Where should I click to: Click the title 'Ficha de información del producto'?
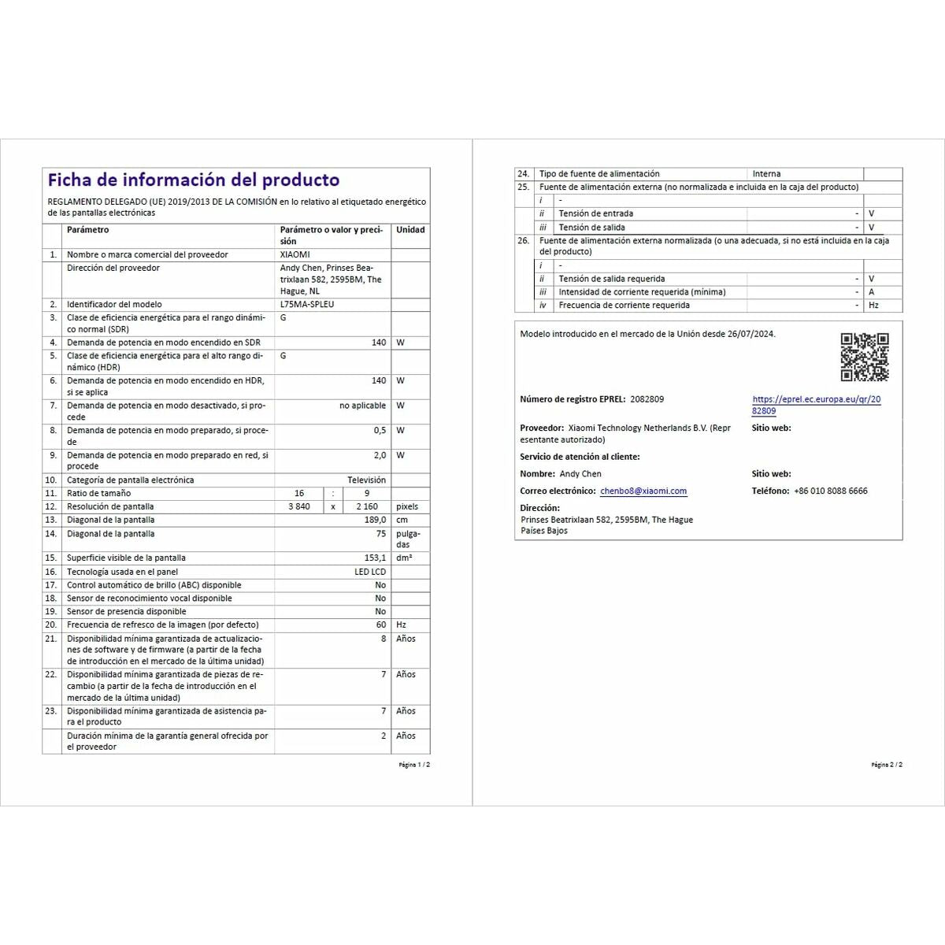(x=194, y=180)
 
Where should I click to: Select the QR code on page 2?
(x=864, y=357)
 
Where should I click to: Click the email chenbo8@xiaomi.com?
(x=643, y=491)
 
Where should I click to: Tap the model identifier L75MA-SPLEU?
(x=307, y=305)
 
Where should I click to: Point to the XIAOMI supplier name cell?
(x=295, y=255)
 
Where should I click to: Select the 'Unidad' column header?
(x=410, y=231)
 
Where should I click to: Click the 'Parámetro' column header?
(x=88, y=231)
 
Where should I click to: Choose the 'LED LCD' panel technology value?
(x=370, y=573)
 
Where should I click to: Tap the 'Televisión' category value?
(x=366, y=480)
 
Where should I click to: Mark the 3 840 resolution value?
(x=299, y=507)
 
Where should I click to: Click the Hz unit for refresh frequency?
(x=402, y=625)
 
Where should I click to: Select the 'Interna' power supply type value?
(x=766, y=174)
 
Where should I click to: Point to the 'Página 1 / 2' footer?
(x=414, y=765)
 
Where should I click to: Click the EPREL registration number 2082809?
(x=647, y=399)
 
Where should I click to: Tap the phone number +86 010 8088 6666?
(x=831, y=491)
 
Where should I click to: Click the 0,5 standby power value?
(x=380, y=431)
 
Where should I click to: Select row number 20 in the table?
(x=51, y=625)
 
